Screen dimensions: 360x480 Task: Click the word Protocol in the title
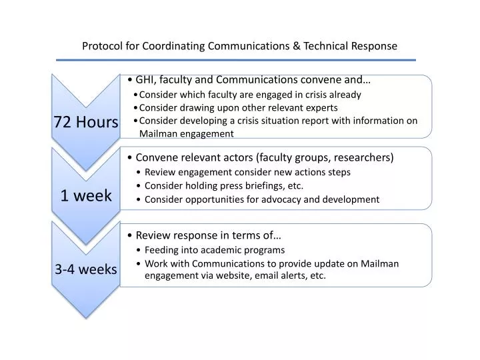(x=101, y=46)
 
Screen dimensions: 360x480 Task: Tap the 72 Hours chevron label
(x=86, y=122)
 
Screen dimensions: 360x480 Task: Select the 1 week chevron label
(x=86, y=195)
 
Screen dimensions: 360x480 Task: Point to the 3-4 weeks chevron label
(x=86, y=269)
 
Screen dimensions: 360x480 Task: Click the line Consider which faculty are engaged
(x=250, y=94)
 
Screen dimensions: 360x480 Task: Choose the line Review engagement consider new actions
(x=247, y=172)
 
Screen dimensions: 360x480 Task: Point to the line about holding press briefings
(x=224, y=185)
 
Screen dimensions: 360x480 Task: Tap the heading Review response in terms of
(x=207, y=235)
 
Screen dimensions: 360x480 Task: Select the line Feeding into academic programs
(x=215, y=250)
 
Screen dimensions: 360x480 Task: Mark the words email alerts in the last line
(x=277, y=275)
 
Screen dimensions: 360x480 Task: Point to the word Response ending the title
(x=374, y=46)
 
